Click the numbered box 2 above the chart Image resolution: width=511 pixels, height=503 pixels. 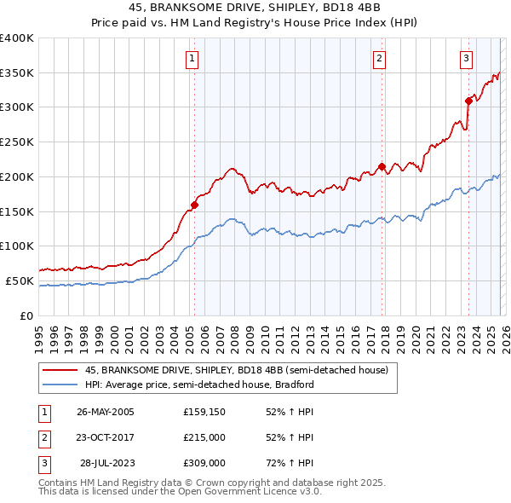(x=379, y=59)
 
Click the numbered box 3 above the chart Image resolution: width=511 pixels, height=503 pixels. (x=467, y=59)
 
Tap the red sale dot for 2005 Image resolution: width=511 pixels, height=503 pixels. (x=194, y=205)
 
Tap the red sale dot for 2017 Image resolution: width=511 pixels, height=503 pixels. (x=382, y=166)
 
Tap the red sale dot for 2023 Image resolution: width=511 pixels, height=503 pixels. (x=468, y=101)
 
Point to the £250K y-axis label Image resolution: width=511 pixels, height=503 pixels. (x=16, y=142)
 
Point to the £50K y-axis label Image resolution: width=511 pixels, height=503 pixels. (x=20, y=280)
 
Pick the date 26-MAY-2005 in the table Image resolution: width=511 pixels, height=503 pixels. (x=105, y=412)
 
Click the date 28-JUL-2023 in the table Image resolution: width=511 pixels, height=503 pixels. (x=107, y=463)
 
